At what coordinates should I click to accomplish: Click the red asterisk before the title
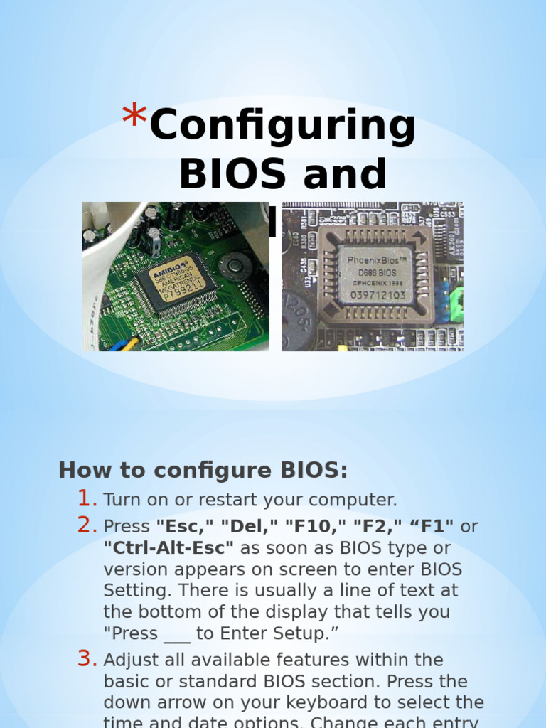coord(133,116)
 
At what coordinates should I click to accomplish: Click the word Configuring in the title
coord(282,127)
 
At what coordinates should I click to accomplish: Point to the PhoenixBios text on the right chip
coord(376,259)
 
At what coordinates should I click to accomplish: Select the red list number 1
coord(87,498)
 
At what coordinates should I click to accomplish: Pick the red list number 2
coord(87,525)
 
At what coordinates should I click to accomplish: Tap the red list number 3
coord(87,659)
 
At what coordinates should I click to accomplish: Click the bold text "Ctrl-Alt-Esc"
coord(169,548)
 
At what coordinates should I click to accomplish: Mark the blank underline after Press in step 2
coord(177,635)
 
